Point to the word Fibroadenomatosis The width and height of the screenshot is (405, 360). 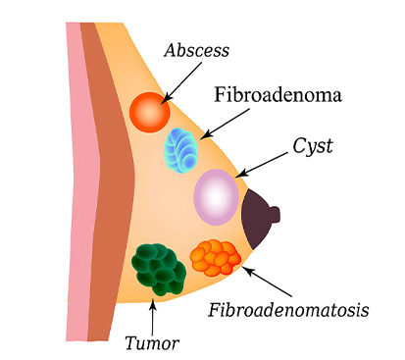pyautogui.click(x=289, y=311)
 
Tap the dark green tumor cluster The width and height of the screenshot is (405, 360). pyautogui.click(x=157, y=267)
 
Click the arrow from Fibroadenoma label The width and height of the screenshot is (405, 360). pyautogui.click(x=223, y=122)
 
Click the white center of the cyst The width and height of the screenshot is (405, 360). pyautogui.click(x=216, y=196)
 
